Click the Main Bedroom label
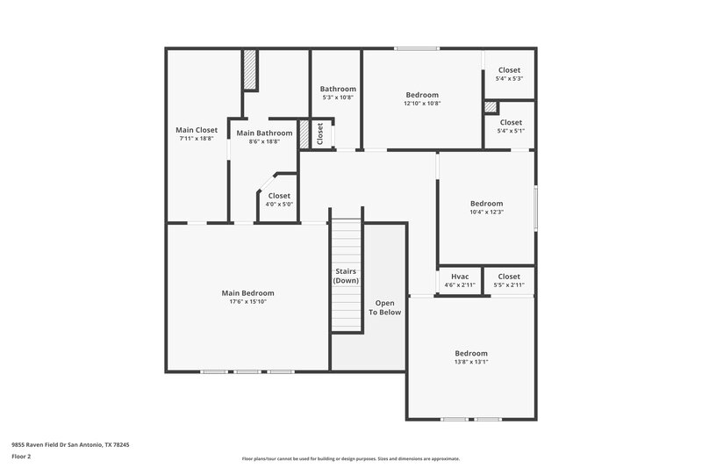point(247,293)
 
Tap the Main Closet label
point(197,130)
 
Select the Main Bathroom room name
point(264,133)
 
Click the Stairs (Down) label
point(346,276)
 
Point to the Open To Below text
point(384,307)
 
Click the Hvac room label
point(460,277)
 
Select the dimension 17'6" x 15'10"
point(247,302)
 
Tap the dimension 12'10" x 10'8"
point(422,104)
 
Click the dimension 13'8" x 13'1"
point(470,362)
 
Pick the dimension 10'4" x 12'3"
point(486,212)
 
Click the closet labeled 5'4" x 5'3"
point(509,70)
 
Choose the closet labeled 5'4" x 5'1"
point(510,123)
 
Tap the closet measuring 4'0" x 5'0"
point(279,196)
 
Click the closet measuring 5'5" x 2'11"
point(509,277)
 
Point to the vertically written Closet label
point(320,133)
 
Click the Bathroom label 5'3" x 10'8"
point(338,90)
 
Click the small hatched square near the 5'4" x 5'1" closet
point(490,107)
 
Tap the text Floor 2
point(21,457)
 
